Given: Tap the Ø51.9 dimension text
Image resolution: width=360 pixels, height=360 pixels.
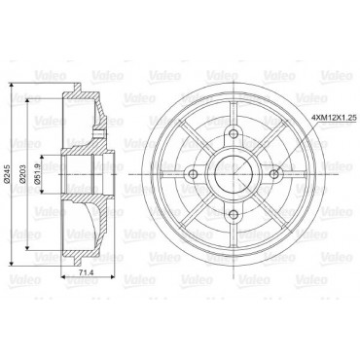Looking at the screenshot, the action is (x=37, y=175).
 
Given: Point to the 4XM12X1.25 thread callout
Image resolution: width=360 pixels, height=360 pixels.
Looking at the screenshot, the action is (x=334, y=118).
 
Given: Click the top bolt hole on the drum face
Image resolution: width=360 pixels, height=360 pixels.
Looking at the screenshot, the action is (x=234, y=133).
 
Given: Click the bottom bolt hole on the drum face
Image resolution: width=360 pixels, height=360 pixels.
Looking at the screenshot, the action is (x=234, y=214).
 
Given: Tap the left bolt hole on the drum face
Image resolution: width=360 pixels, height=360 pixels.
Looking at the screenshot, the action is (x=193, y=174).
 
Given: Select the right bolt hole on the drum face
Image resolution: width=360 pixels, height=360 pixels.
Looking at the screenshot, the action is (x=274, y=174).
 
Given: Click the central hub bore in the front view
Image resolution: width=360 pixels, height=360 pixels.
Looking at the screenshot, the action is (x=234, y=174).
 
